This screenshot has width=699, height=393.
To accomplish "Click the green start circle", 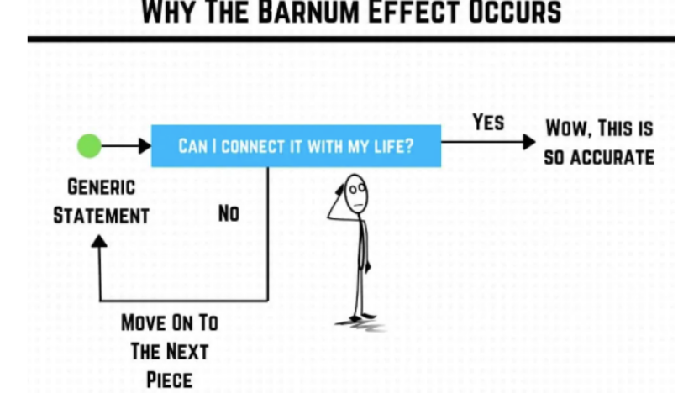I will [89, 146].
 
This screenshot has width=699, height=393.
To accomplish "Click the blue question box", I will [296, 146].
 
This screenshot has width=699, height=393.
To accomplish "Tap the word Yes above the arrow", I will [488, 123].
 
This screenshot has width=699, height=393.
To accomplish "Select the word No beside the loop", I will [229, 214].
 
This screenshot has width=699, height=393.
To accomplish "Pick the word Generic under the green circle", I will [102, 187].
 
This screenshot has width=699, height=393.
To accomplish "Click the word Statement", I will [102, 216].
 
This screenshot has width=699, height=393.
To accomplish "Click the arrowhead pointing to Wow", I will [528, 142].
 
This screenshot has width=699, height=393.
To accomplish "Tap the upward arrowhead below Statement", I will [100, 242].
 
